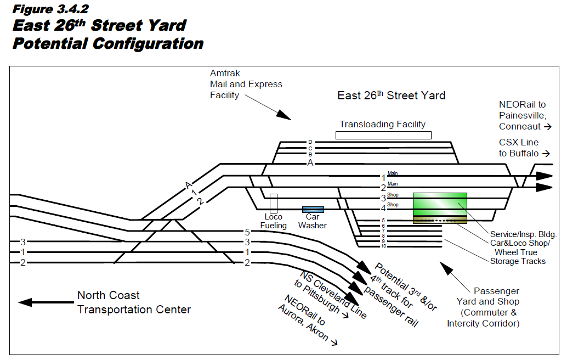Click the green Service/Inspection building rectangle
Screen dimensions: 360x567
[440, 204]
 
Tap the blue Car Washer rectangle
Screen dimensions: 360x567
[313, 209]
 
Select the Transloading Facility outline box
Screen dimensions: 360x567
[383, 135]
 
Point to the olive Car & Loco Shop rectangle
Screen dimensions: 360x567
[440, 220]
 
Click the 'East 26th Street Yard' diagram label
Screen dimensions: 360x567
[391, 95]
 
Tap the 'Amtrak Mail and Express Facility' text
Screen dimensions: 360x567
[246, 84]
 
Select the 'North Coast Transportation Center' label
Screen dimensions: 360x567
[134, 302]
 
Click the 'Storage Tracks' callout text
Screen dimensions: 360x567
[518, 261]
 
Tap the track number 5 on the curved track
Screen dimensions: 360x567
[247, 232]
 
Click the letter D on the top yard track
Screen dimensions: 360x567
[310, 142]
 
